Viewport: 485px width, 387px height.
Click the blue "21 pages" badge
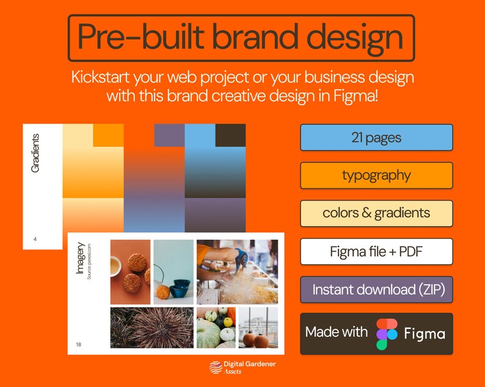(x=376, y=138)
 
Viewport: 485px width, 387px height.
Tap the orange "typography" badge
(x=376, y=175)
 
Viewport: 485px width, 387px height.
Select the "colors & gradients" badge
(x=376, y=213)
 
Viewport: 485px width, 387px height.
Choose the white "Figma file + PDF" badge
(x=376, y=251)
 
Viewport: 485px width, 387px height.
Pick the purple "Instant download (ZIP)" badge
(x=376, y=289)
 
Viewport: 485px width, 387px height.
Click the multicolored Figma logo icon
(x=387, y=334)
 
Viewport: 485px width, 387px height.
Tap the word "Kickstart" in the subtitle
(x=104, y=78)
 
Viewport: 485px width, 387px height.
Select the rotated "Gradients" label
(x=35, y=153)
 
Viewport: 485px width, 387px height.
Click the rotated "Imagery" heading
(x=80, y=258)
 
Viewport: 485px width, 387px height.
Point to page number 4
(x=35, y=239)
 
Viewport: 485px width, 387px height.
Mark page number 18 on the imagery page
(x=79, y=344)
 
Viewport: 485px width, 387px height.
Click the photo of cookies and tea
(x=130, y=271)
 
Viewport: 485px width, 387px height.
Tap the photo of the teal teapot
(x=173, y=271)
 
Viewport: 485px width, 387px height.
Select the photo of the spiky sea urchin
(x=152, y=328)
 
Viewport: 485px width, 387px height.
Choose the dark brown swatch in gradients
(x=230, y=135)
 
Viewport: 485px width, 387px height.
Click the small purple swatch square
(x=169, y=135)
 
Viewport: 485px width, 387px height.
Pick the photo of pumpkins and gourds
(x=216, y=328)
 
